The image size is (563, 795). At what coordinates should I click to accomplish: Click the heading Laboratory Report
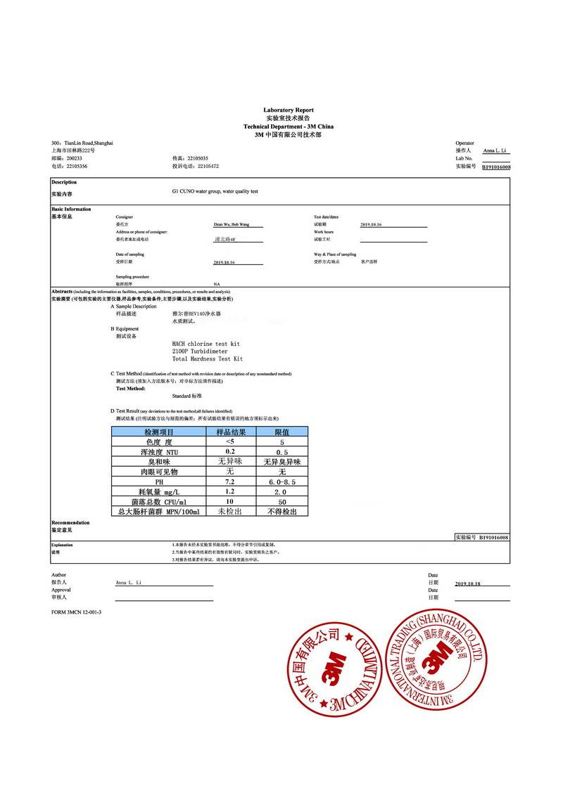(x=289, y=110)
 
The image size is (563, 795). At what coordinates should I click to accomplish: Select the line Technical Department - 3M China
(x=289, y=127)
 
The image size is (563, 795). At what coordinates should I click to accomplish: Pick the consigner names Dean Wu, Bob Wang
(x=230, y=224)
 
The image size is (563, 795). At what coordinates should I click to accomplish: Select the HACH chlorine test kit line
(x=205, y=344)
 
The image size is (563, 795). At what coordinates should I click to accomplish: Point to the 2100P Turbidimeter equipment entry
(x=200, y=351)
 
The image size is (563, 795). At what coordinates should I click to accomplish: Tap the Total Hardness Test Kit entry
(x=207, y=359)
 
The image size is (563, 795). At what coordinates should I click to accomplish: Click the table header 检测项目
(x=159, y=432)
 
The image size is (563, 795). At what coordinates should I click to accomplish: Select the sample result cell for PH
(x=229, y=481)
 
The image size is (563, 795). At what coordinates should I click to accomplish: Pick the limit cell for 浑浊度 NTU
(x=281, y=452)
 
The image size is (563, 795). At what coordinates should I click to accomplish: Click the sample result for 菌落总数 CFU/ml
(x=229, y=501)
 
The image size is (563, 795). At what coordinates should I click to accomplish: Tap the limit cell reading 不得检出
(x=281, y=512)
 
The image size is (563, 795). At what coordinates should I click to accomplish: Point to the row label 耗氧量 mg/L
(x=159, y=491)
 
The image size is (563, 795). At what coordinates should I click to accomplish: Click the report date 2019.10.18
(x=467, y=584)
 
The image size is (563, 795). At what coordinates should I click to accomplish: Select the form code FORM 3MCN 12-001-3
(x=77, y=612)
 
